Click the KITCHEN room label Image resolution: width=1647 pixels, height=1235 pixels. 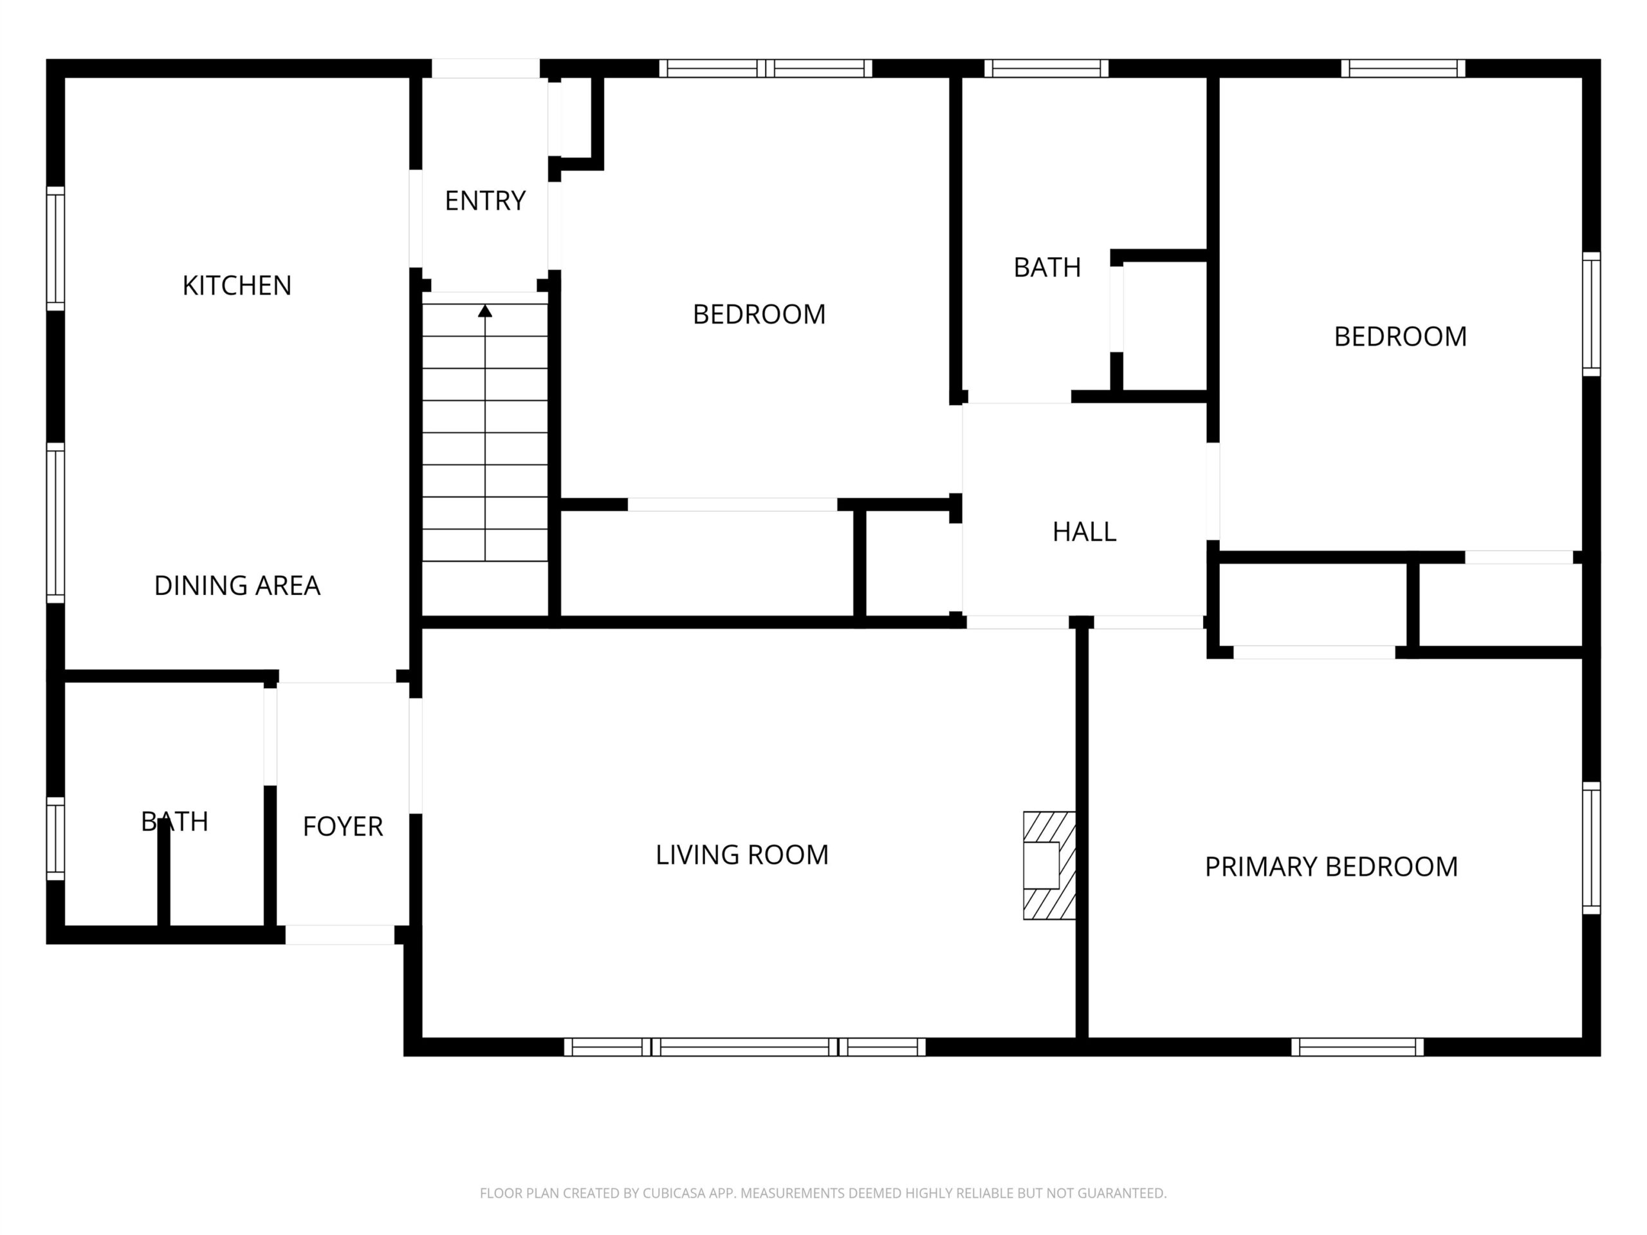(237, 286)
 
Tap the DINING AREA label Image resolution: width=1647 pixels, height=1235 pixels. (237, 586)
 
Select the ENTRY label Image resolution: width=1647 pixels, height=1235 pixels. (486, 201)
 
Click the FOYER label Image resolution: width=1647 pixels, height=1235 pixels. (342, 827)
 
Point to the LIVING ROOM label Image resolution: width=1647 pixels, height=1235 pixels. (742, 855)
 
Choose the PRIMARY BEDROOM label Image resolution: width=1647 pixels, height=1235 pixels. (1331, 866)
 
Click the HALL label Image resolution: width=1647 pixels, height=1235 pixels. (1084, 531)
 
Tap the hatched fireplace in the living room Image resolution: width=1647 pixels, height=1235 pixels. (1050, 865)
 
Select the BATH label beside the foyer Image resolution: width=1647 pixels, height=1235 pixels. (174, 822)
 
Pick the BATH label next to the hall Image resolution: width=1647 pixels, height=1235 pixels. (1047, 267)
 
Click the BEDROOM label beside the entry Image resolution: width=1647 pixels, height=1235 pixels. (759, 314)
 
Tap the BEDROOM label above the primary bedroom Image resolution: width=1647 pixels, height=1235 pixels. (1400, 336)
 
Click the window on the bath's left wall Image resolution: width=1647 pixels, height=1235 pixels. (56, 838)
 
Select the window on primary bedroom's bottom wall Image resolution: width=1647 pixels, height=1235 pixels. (1357, 1047)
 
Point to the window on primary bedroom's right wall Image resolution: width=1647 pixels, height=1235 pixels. (1591, 848)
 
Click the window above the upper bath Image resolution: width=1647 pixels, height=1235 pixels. (1046, 68)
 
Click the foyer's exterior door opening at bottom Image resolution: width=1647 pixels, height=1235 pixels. (340, 935)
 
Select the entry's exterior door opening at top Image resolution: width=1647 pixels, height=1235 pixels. (486, 68)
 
